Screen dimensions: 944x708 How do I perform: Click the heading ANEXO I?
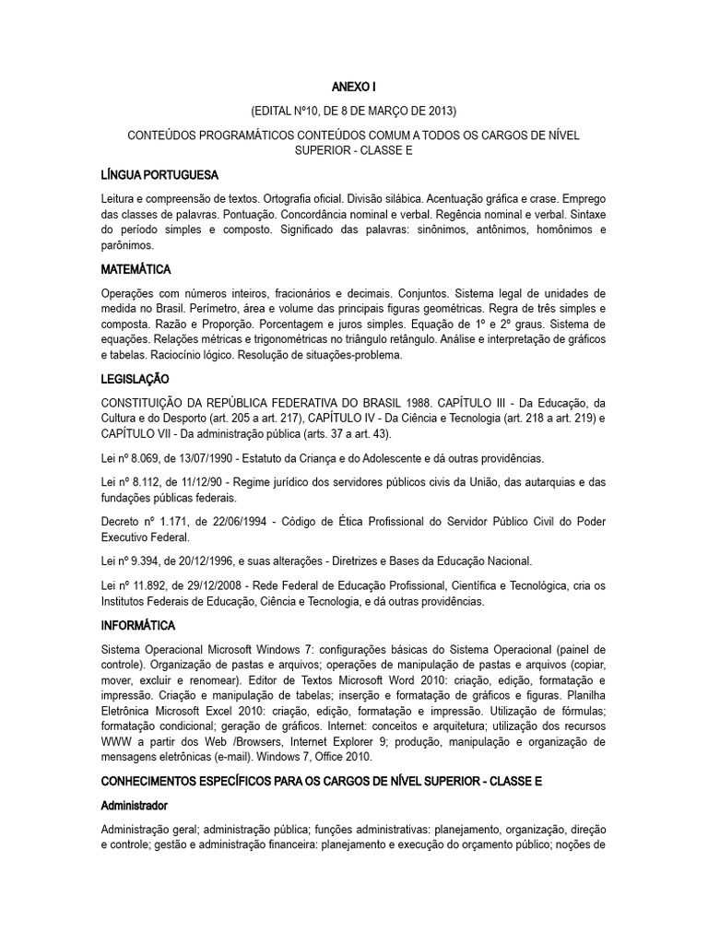pyautogui.click(x=353, y=88)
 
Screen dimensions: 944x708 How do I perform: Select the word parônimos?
pyautogui.click(x=128, y=245)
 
